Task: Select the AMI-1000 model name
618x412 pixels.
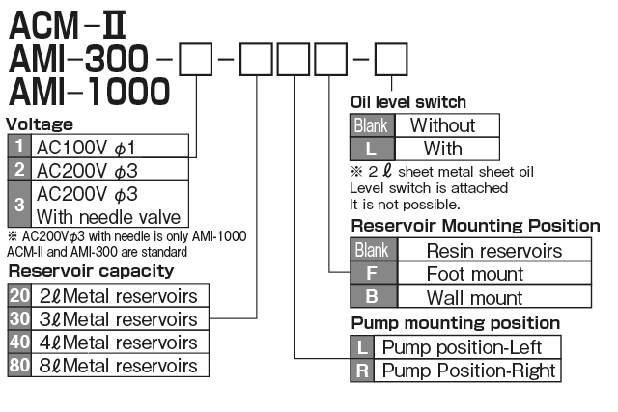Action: click(x=89, y=94)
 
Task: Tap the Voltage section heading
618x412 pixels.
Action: click(x=41, y=124)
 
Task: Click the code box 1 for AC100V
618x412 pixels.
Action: click(x=19, y=147)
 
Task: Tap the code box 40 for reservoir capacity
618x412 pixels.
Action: click(x=19, y=343)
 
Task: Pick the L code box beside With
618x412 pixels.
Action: click(x=370, y=149)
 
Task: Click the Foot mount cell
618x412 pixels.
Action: click(x=474, y=274)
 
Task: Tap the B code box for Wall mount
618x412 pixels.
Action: click(x=370, y=297)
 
